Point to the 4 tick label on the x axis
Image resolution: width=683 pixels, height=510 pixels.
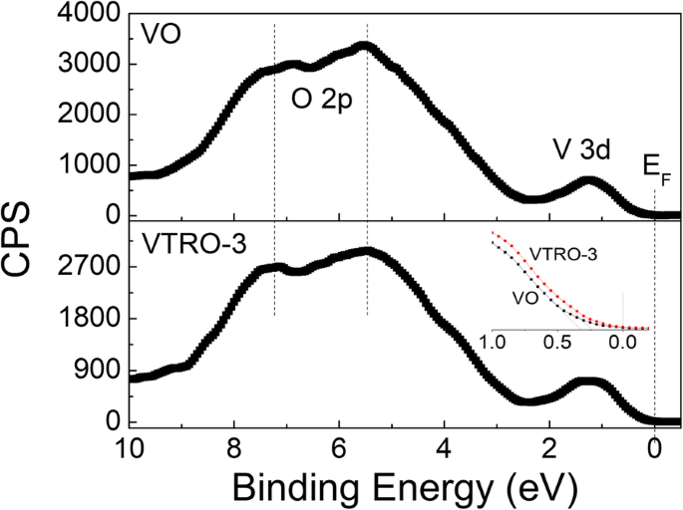pos(444,445)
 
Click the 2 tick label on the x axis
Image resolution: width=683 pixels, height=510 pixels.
pos(549,445)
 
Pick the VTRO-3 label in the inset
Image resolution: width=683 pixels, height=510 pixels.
pos(563,255)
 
